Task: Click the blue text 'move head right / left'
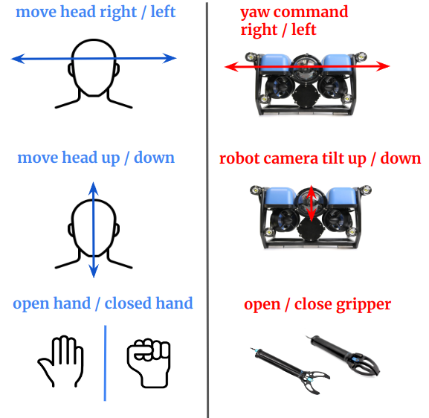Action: click(95, 13)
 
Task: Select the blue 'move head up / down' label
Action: click(96, 158)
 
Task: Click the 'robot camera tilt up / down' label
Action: click(320, 158)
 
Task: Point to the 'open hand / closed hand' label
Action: click(103, 303)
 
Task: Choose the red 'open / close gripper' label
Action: click(317, 304)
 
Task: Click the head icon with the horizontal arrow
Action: click(94, 74)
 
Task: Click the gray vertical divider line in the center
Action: click(207, 208)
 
